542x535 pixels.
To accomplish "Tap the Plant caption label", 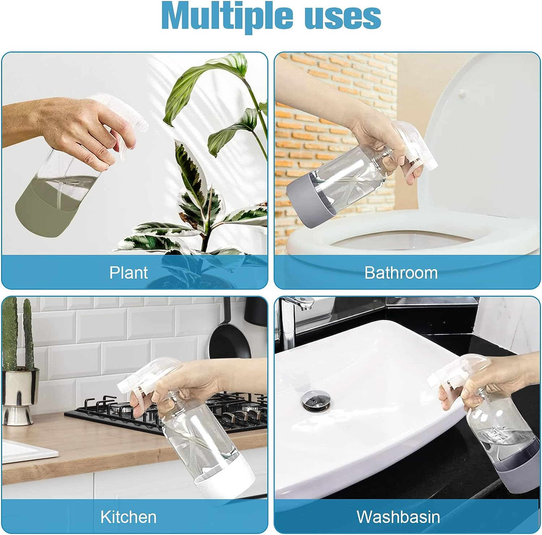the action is tap(129, 273).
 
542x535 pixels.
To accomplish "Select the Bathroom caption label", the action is tap(401, 273).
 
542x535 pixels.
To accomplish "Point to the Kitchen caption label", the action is tap(129, 517).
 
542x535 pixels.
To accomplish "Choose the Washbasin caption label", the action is tap(399, 517).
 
